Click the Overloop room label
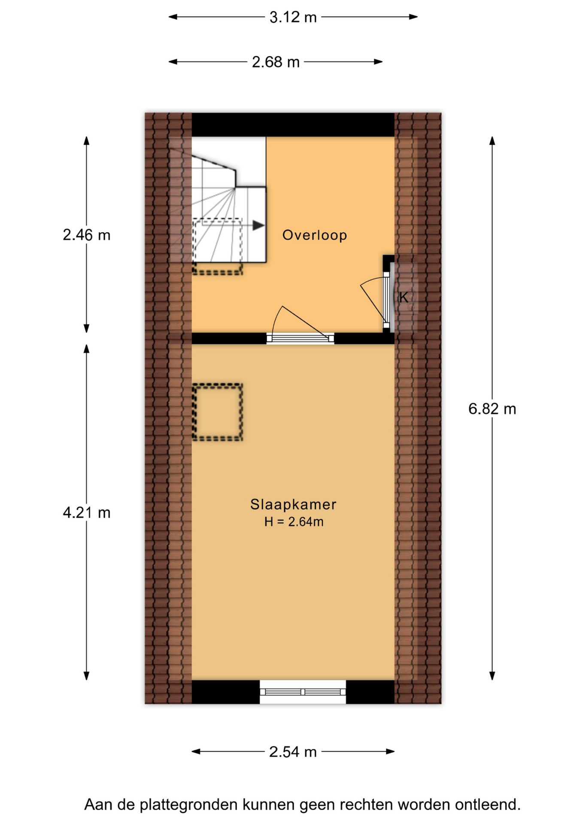[314, 235]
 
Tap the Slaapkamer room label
[293, 505]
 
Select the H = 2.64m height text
[294, 522]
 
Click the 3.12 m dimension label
[293, 17]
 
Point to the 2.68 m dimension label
[276, 62]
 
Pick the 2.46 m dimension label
[87, 235]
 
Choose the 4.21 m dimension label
[87, 513]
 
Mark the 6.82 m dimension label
[492, 409]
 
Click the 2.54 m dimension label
[293, 752]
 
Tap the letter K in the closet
[404, 297]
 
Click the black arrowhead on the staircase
[258, 225]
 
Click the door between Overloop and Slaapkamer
[301, 339]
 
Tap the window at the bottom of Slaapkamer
[303, 692]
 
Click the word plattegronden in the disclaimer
[190, 805]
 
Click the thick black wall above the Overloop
[293, 124]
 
